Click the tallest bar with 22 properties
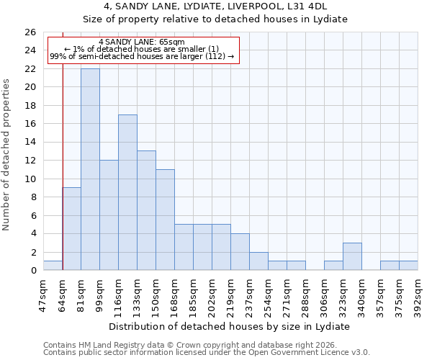click(90, 169)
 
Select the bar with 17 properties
click(127, 192)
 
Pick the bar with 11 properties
click(165, 220)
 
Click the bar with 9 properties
click(71, 229)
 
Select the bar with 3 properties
click(352, 256)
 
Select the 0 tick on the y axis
click(32, 270)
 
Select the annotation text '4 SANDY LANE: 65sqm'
click(142, 42)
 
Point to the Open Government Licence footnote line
click(207, 353)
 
